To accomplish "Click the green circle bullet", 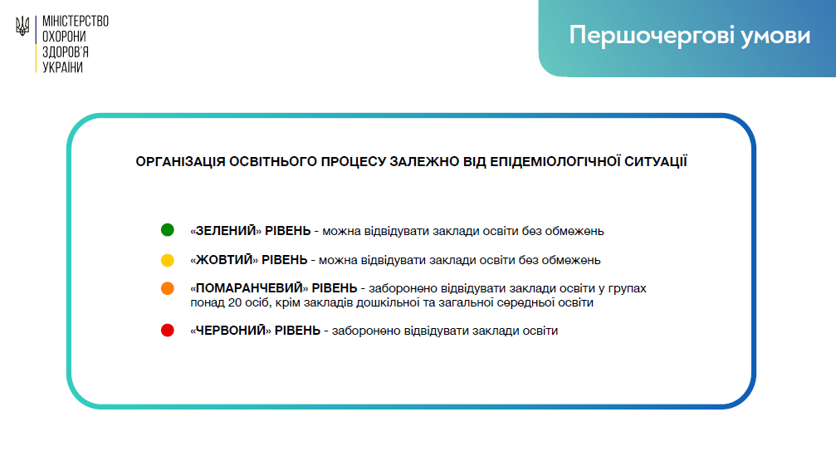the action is [x=168, y=230].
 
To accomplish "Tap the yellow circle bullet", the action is [x=168, y=260].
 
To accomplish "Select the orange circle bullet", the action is [x=168, y=288].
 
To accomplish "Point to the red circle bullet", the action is [x=168, y=330].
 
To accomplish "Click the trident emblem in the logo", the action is [x=22, y=26].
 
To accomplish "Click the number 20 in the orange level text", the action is [x=235, y=302].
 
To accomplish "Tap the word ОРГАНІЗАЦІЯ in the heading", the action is [x=180, y=162].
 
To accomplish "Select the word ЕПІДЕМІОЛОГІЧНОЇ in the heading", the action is [x=555, y=161].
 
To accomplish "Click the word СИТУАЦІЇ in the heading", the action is [x=656, y=161].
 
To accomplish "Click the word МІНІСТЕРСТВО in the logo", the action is [x=76, y=22].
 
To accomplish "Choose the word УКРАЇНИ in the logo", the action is [x=62, y=67].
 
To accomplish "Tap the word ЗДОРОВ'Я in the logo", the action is [x=65, y=52].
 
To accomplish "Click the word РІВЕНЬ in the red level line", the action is [x=297, y=331].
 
